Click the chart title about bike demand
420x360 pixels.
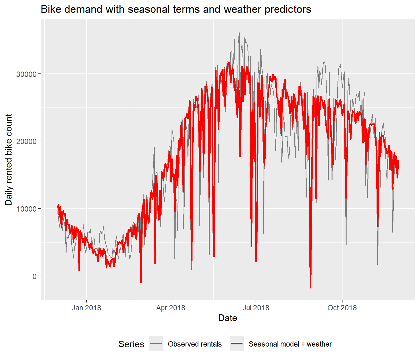tap(176, 9)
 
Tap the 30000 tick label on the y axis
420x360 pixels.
tap(26, 74)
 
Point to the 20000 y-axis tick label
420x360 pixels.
tap(26, 141)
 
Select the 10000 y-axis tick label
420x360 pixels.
tap(26, 209)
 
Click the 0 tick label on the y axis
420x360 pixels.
tap(34, 276)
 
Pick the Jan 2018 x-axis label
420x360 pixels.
tap(86, 307)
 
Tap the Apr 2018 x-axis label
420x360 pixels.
tap(171, 307)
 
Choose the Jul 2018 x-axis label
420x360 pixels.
tap(256, 307)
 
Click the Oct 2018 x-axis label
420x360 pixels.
tap(342, 307)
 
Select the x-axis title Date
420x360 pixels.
tap(227, 318)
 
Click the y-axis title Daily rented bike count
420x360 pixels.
tap(8, 160)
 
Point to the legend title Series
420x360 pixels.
tap(131, 344)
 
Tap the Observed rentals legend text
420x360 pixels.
tap(195, 344)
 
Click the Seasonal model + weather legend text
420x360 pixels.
tap(290, 344)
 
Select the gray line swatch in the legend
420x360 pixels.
tap(156, 343)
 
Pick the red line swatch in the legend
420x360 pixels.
tap(237, 343)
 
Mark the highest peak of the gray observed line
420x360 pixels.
tap(239, 33)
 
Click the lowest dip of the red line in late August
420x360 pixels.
tap(310, 288)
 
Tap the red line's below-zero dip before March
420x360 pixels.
tap(141, 282)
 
